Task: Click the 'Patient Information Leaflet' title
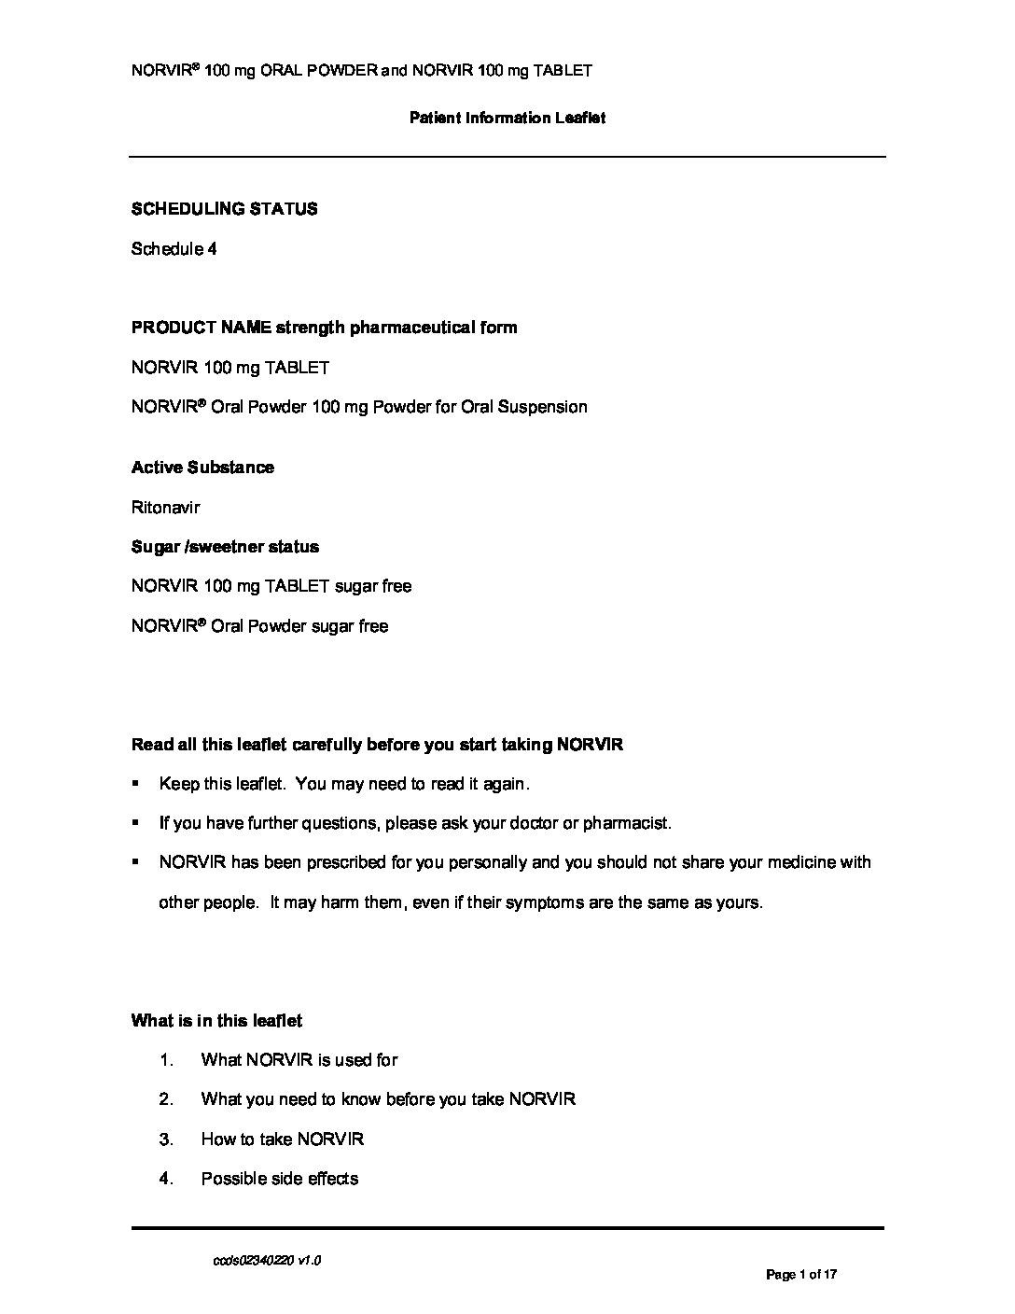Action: tap(507, 118)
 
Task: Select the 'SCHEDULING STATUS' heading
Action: tap(224, 209)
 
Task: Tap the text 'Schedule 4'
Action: tap(174, 249)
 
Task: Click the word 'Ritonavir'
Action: tap(166, 508)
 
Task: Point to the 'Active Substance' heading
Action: tap(202, 468)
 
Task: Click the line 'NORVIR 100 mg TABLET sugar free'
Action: tap(271, 586)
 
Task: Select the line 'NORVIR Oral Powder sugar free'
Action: tap(260, 626)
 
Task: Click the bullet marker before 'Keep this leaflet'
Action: tap(136, 784)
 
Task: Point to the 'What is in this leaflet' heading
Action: tap(216, 1021)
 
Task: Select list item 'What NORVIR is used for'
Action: tap(299, 1060)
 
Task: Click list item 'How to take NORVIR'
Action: tap(283, 1139)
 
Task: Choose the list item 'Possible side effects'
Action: tap(280, 1179)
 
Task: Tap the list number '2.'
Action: tap(166, 1099)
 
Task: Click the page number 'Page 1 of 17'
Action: tap(801, 1274)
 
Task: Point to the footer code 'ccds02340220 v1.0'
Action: tap(267, 1261)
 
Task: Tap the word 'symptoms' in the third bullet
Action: tap(545, 902)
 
